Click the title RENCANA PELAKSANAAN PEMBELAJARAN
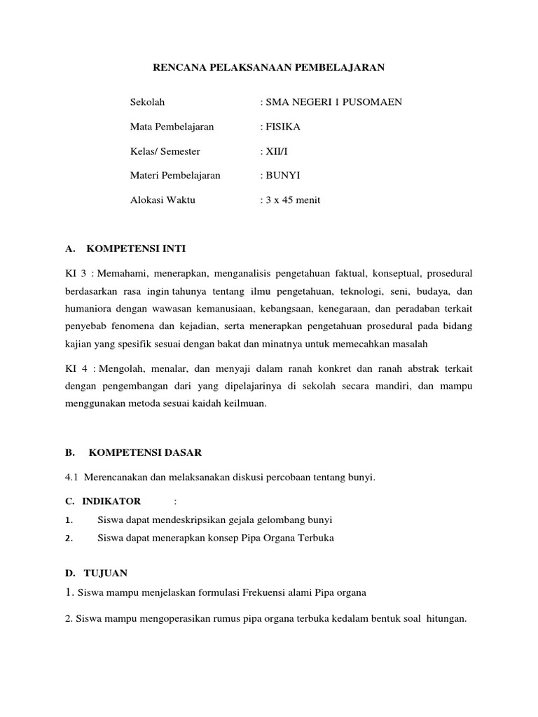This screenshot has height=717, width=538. [x=269, y=68]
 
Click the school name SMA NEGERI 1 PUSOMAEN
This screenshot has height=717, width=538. [x=333, y=102]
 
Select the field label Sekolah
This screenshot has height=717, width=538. [x=147, y=102]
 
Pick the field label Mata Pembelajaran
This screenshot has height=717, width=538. [x=172, y=127]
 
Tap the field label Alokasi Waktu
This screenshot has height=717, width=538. [x=163, y=200]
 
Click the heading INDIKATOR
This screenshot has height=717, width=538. [x=111, y=501]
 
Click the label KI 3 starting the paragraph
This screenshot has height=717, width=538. [x=73, y=272]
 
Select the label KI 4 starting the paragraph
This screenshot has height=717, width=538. [x=73, y=368]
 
